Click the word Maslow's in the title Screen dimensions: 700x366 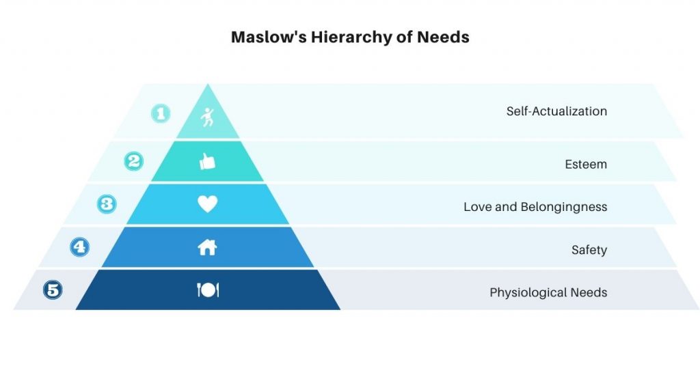coord(269,37)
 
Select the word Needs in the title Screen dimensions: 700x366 coord(443,37)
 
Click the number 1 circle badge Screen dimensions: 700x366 coord(161,113)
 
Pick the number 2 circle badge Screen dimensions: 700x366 coord(134,161)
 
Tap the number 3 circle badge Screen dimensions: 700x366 coord(107,204)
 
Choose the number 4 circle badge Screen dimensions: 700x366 coord(80,247)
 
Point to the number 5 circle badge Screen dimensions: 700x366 coord(53,290)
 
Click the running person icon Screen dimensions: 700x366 coord(208,117)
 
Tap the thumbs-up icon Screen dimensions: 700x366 coord(208,161)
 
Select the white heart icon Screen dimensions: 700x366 coord(208,204)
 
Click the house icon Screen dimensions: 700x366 coord(207,247)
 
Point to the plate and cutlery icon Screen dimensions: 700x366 coord(208,290)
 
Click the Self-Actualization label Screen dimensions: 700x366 coord(556,111)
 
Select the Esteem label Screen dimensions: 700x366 coord(586,164)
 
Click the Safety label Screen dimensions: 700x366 coord(589,250)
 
